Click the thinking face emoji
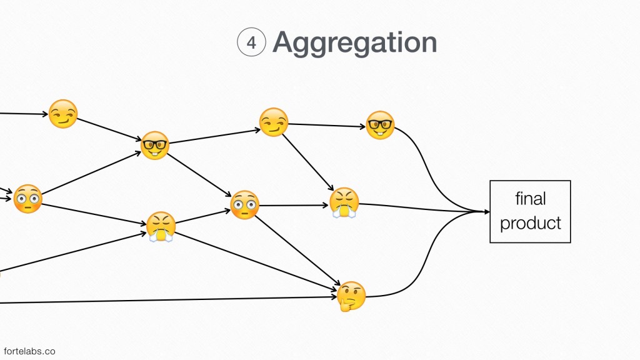(351, 296)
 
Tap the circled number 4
(251, 43)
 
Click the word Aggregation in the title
(354, 42)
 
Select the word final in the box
(531, 199)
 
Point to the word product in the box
(531, 223)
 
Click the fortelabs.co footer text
(29, 351)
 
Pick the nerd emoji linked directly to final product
(380, 125)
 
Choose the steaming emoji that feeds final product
(345, 202)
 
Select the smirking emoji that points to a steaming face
(273, 122)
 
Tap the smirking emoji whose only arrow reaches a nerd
(63, 114)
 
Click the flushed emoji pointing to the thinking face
(244, 204)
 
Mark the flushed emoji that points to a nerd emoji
(27, 199)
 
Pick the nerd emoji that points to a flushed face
(155, 145)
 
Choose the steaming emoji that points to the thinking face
(161, 226)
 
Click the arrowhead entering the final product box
(486, 212)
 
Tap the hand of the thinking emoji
(345, 304)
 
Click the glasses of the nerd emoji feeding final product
(380, 123)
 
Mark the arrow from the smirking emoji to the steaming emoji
(307, 160)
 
